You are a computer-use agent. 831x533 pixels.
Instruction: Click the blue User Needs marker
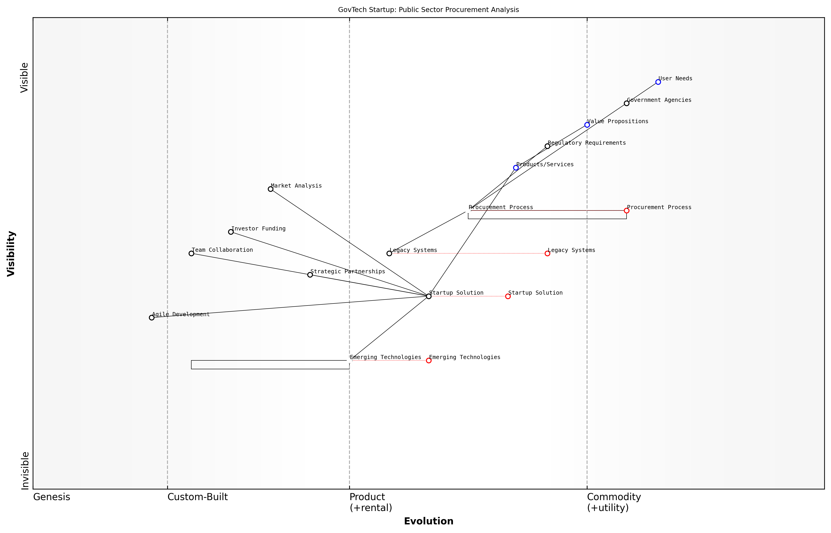(x=658, y=82)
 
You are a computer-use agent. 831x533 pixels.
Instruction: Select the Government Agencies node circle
(x=626, y=103)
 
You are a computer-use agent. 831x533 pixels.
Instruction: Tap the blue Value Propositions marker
(x=587, y=125)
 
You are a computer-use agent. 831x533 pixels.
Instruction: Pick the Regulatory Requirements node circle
(x=547, y=146)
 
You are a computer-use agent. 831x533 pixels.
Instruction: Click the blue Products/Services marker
(x=516, y=168)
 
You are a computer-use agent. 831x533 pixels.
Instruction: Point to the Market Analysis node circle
(x=270, y=189)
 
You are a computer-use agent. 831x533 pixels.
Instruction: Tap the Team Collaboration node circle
(x=191, y=253)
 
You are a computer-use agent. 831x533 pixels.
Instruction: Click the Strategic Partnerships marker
(x=310, y=275)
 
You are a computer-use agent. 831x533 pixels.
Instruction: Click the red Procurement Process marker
(x=626, y=210)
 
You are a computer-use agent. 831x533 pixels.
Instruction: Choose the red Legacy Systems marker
(x=547, y=253)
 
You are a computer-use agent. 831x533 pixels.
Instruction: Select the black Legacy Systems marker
(x=389, y=253)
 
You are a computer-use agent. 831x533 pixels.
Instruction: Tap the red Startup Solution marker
(x=508, y=296)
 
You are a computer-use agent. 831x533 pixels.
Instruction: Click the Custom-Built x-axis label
(x=197, y=497)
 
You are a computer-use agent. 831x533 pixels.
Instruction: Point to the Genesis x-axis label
(x=52, y=497)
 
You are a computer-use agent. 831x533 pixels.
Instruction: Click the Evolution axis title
(x=428, y=521)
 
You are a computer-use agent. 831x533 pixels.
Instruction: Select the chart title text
(x=428, y=10)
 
